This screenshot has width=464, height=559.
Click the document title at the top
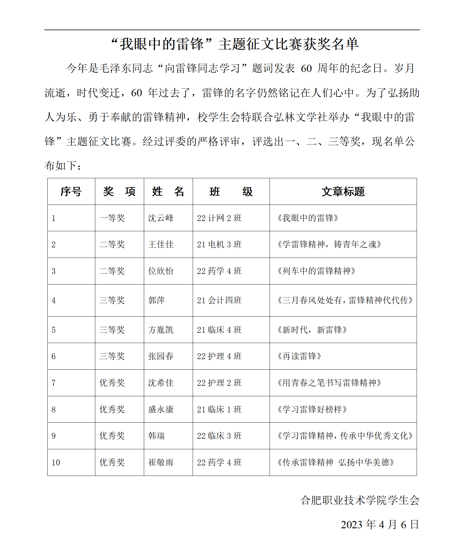(x=235, y=44)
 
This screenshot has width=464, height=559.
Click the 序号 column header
(x=71, y=192)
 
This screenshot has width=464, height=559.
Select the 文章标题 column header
(x=343, y=192)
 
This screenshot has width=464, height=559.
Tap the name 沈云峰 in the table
(x=161, y=218)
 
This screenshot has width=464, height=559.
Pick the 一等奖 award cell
(x=112, y=218)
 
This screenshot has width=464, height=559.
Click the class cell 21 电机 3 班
(x=219, y=244)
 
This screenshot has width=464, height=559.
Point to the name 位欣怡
(x=161, y=271)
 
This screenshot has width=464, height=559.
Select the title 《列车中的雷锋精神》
(x=316, y=271)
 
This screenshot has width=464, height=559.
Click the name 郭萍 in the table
(x=156, y=300)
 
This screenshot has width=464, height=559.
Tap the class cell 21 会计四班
(x=219, y=300)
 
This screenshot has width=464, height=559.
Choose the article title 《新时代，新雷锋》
(x=312, y=330)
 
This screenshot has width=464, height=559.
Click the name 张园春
(x=161, y=356)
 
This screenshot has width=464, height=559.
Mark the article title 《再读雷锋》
(x=299, y=356)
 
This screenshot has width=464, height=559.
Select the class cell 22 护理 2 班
(x=219, y=383)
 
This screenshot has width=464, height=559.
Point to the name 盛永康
(x=161, y=409)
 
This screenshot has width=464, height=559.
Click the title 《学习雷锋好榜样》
(x=312, y=409)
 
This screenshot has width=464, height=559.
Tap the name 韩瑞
(x=156, y=436)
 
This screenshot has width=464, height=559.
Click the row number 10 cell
(x=56, y=462)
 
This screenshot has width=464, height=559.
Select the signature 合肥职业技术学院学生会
(x=360, y=500)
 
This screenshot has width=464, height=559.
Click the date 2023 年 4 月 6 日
(x=380, y=524)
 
